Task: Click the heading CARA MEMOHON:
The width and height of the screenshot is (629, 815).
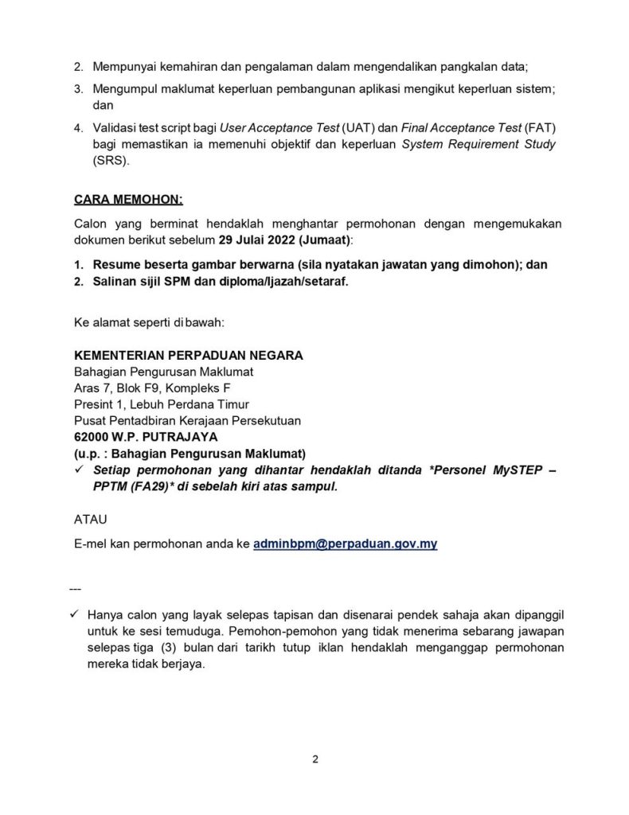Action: [127, 197]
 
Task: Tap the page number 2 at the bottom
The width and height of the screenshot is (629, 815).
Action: [315, 758]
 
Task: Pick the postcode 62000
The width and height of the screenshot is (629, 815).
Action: [91, 436]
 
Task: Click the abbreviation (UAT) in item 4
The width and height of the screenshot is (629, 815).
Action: [359, 128]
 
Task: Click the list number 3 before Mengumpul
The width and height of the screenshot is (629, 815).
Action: [77, 90]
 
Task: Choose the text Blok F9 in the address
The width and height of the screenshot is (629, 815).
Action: [134, 388]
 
